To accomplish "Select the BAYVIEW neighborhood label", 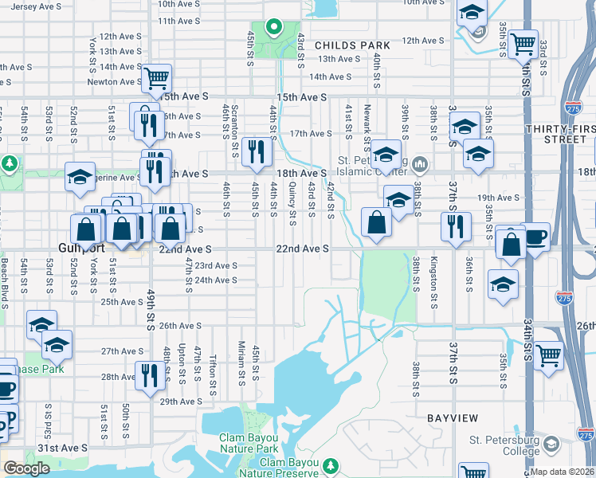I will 452,417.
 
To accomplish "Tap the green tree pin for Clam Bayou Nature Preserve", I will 331,464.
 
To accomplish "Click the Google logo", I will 26,468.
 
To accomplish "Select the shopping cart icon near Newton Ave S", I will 157,79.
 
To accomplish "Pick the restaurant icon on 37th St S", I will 455,225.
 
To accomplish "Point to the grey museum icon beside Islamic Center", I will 421,166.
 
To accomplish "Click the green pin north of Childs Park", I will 273,28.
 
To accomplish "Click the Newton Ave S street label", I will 114,81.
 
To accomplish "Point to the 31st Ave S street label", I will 60,449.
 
